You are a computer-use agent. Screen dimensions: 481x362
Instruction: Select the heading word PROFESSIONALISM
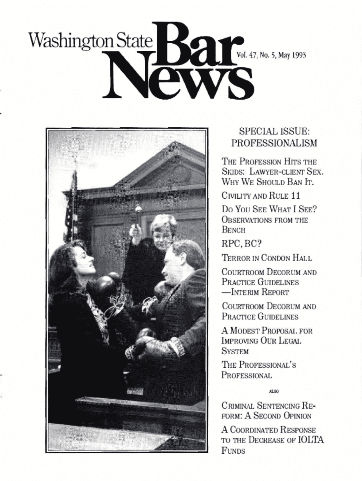274,142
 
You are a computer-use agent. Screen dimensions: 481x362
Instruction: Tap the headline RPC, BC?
244,243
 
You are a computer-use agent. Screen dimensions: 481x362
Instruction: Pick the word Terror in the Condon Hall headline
237,258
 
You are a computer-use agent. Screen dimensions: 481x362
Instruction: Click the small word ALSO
272,389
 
